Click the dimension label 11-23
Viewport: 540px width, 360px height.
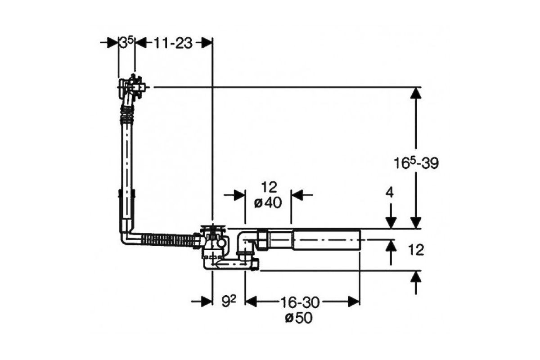173,43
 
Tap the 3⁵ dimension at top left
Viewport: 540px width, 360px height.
126,43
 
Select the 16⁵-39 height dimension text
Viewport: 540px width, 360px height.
416,163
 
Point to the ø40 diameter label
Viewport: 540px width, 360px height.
268,203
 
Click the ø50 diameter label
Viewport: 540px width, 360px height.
299,318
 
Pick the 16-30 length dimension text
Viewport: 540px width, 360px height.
300,302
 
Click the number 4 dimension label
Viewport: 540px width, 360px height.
390,193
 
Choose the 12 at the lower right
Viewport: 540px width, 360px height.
416,250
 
